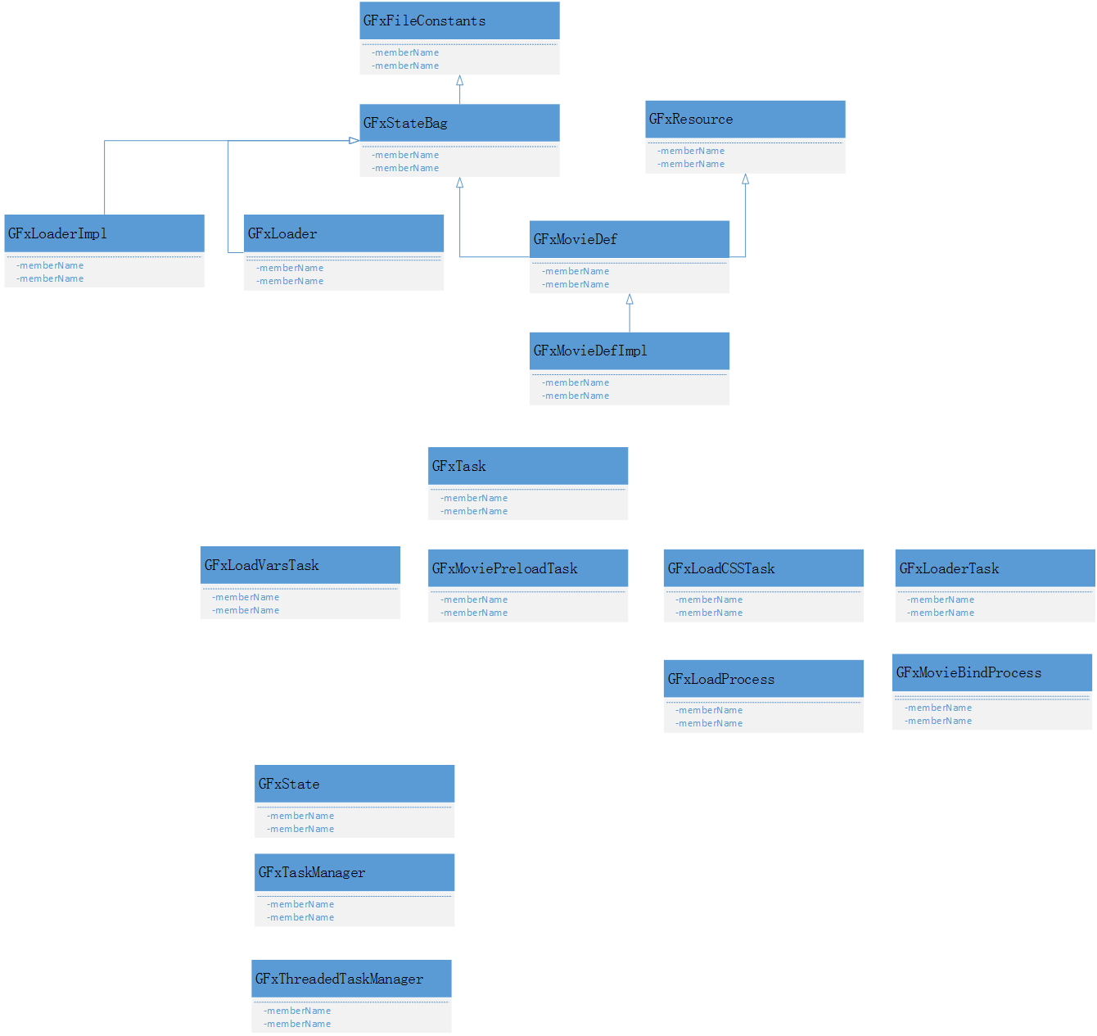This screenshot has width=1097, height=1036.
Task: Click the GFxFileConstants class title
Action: point(424,21)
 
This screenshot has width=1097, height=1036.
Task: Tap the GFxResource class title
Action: point(690,120)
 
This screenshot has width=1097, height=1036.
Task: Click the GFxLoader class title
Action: point(282,234)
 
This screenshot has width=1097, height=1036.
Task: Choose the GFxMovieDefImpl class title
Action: point(589,351)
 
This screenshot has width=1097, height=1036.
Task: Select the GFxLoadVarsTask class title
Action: point(261,565)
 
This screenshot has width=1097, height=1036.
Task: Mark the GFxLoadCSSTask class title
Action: point(720,568)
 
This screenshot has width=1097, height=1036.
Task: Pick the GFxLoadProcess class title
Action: point(720,679)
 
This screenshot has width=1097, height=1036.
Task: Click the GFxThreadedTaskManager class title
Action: point(339,979)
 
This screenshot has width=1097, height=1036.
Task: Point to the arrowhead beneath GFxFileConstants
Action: point(459,81)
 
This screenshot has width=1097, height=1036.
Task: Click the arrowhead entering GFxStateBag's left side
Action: point(354,140)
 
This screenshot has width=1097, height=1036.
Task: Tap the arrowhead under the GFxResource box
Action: point(745,179)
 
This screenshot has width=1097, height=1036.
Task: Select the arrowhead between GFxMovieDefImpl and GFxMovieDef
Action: point(629,300)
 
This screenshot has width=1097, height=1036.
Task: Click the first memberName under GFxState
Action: point(300,816)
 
